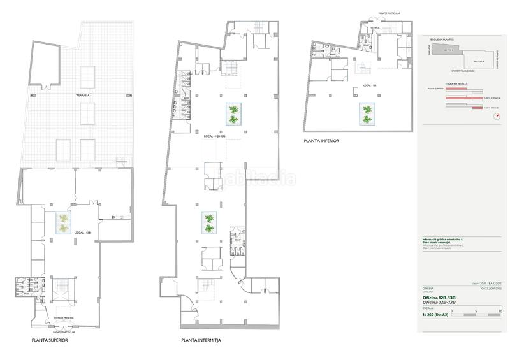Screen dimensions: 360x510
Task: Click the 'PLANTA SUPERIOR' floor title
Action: coord(50,341)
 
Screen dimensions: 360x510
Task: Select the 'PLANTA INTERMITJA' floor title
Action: coord(201,341)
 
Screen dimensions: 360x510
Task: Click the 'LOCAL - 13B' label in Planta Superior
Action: coord(82,233)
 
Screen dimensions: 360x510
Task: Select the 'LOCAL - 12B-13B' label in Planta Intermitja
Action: coord(215,136)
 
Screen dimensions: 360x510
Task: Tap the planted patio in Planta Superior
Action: coord(63,224)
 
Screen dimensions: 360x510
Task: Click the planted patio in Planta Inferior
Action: coord(366,113)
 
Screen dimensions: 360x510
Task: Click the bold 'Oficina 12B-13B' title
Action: coord(439,298)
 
